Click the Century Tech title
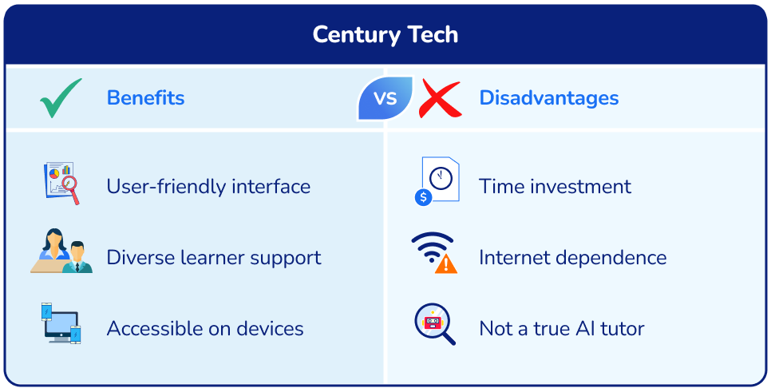pyautogui.click(x=385, y=34)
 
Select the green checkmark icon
pyautogui.click(x=61, y=98)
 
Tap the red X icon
pyautogui.click(x=441, y=98)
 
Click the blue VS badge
pyautogui.click(x=385, y=98)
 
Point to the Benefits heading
pyautogui.click(x=145, y=98)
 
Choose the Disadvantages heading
pyautogui.click(x=548, y=98)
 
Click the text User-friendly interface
pyautogui.click(x=208, y=186)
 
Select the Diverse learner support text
pyautogui.click(x=214, y=257)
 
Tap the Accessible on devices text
pyautogui.click(x=205, y=328)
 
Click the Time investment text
pyautogui.click(x=555, y=186)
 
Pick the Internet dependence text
pyautogui.click(x=572, y=257)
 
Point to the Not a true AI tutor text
pyautogui.click(x=561, y=328)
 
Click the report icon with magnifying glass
pyautogui.click(x=61, y=183)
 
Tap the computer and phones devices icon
pyautogui.click(x=61, y=323)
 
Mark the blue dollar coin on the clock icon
pyautogui.click(x=423, y=197)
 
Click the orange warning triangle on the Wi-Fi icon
pyautogui.click(x=446, y=264)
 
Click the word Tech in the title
pyautogui.click(x=429, y=34)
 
